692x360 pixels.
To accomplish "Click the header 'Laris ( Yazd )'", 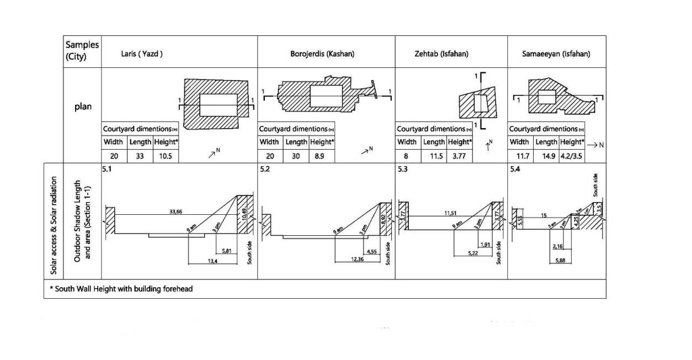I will coord(142,54).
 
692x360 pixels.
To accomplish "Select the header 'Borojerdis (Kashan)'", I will coord(322,54).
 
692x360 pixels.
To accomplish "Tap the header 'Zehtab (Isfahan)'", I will coord(441,54).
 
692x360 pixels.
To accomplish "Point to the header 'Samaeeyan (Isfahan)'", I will coord(556,54).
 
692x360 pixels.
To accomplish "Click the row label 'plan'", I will coord(82,107).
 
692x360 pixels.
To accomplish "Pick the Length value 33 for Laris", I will coord(140,156).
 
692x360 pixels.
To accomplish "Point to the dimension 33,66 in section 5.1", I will coord(176,211).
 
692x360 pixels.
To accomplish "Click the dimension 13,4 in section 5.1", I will coord(212,261).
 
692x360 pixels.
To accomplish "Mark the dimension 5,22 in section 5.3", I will coord(473,253).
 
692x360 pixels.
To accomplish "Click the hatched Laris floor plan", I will coord(216,104).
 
